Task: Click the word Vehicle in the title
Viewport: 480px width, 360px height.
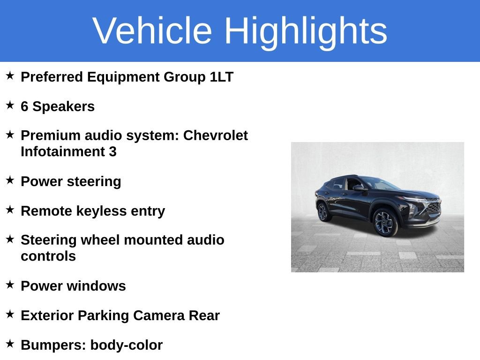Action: click(x=152, y=31)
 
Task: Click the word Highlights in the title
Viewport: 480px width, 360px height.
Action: click(x=306, y=31)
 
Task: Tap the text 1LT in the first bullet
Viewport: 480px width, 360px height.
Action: click(x=221, y=77)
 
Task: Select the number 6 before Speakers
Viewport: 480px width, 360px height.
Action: click(x=24, y=106)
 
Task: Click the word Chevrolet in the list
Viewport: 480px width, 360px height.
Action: click(x=215, y=135)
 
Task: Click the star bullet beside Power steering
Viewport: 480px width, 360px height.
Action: click(x=10, y=180)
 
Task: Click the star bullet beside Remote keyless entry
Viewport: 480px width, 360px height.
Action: click(x=10, y=210)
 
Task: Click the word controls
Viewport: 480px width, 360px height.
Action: click(x=48, y=256)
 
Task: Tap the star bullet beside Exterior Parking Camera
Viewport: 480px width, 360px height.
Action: click(x=10, y=314)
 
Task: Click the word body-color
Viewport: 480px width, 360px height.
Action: click(x=126, y=345)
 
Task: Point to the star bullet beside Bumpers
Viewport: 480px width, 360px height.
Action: click(x=10, y=344)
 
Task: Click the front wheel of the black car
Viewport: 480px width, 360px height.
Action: click(x=386, y=223)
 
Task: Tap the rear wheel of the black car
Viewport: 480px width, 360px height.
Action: click(x=323, y=211)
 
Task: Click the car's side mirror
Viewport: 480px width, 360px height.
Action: click(x=358, y=188)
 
